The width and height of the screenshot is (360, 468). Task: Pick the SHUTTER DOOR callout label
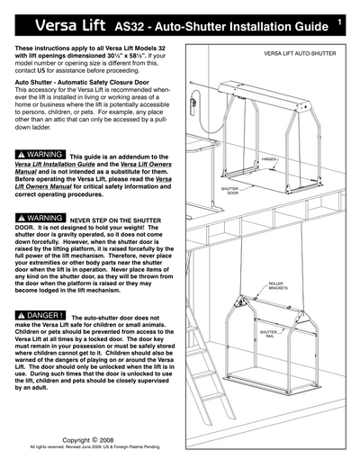(229, 191)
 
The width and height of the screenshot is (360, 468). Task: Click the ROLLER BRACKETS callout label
(275, 285)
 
